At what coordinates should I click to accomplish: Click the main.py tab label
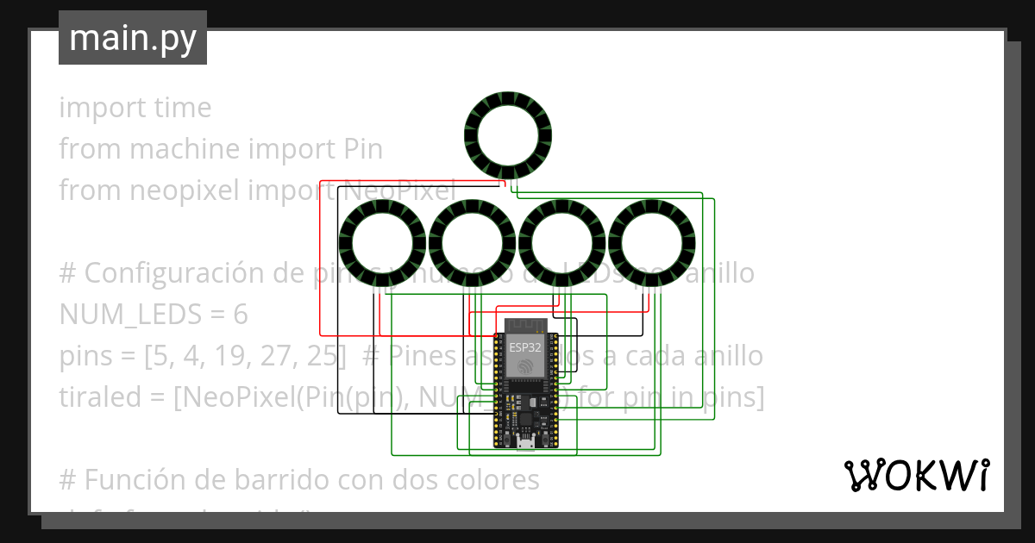coord(132,38)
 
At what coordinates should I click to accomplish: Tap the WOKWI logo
coord(916,475)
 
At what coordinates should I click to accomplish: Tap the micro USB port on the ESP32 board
coord(524,443)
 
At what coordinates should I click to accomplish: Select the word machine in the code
coord(183,150)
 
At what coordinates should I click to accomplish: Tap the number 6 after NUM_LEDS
coord(240,315)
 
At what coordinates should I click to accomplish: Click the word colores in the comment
coord(495,480)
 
